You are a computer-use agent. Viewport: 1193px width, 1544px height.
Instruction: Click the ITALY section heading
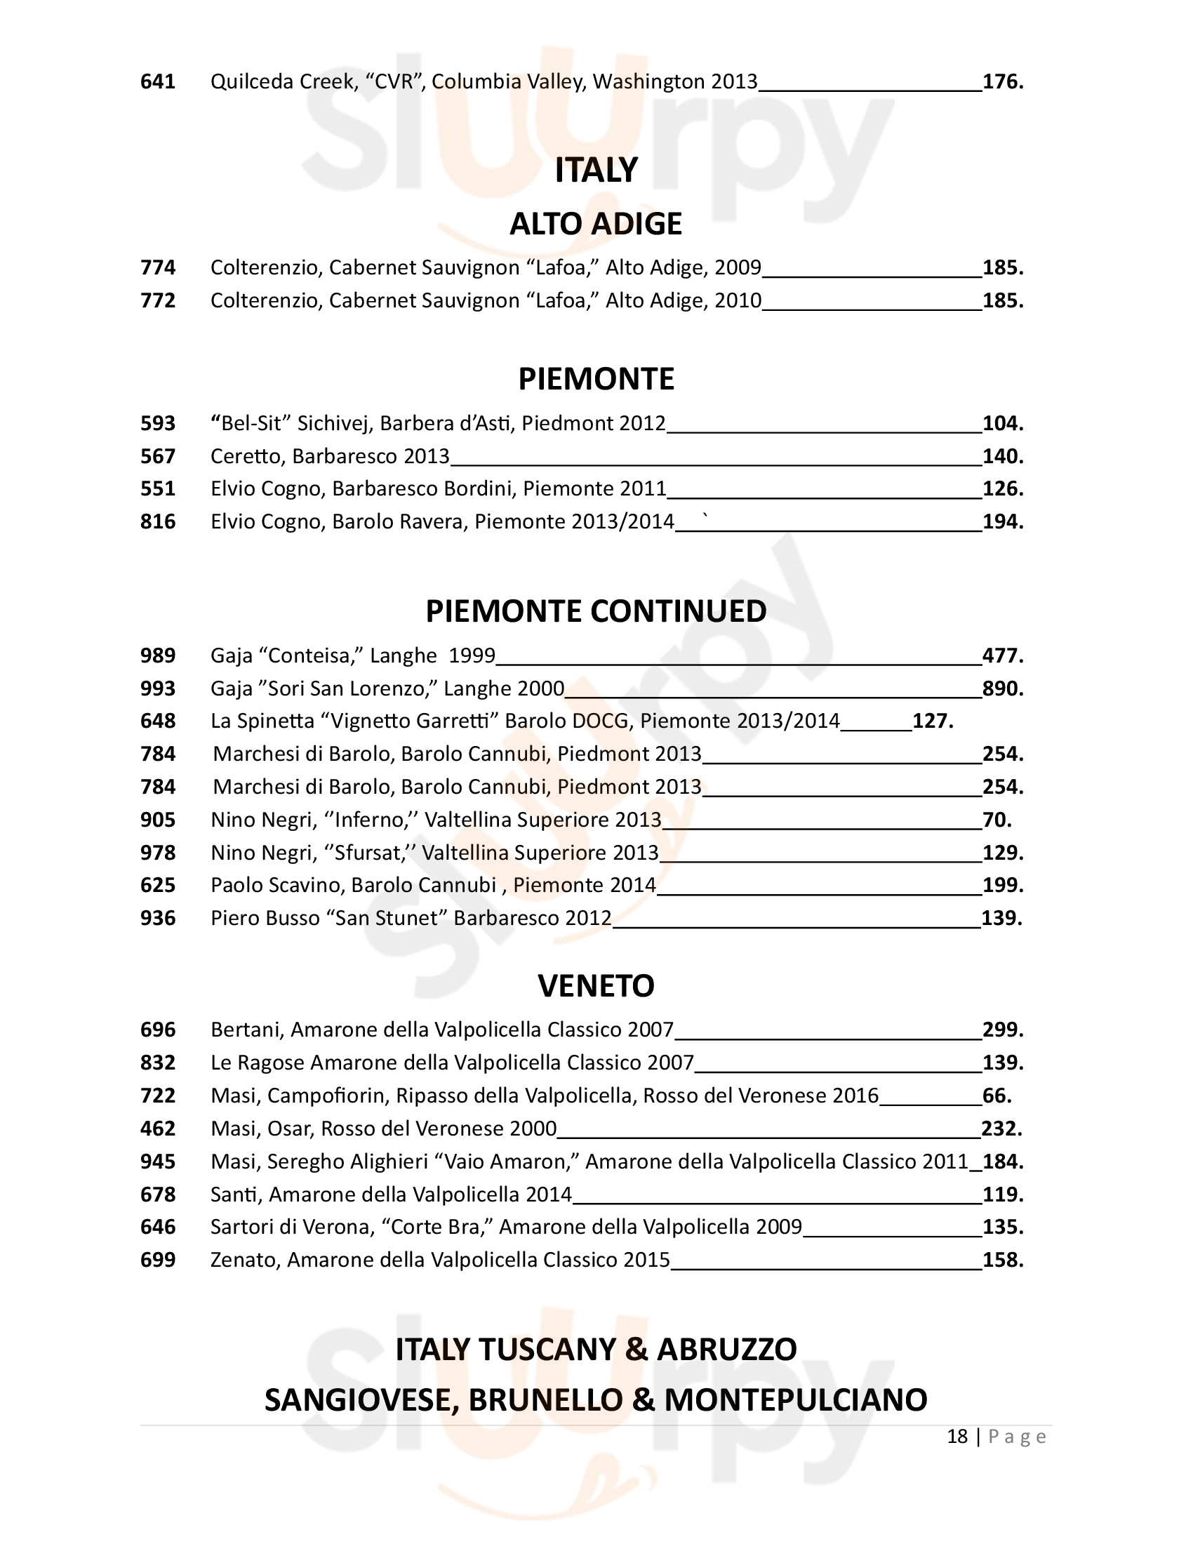[596, 171]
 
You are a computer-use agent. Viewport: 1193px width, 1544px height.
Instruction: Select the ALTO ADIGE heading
[596, 224]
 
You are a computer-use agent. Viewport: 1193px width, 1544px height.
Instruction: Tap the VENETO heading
[596, 985]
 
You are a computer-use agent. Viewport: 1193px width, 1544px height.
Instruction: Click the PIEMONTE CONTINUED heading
[596, 611]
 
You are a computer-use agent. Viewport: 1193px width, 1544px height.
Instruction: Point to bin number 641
[158, 82]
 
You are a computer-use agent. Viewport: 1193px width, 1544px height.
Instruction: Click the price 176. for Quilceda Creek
[1003, 82]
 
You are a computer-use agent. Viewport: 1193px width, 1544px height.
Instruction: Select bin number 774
[158, 268]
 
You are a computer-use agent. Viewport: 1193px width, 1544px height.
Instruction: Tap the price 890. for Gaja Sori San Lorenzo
[1003, 688]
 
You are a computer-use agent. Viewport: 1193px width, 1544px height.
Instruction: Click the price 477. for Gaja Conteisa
[1003, 656]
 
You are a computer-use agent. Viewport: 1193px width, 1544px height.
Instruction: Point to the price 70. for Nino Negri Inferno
[997, 820]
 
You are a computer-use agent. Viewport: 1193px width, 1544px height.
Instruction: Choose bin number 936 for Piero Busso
[158, 919]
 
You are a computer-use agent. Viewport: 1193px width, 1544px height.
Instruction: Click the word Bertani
[246, 1030]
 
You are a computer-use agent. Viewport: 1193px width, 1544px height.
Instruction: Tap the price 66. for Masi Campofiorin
[997, 1096]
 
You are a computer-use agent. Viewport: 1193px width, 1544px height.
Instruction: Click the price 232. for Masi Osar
[1002, 1129]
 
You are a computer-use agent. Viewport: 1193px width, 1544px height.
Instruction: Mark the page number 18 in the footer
[957, 1437]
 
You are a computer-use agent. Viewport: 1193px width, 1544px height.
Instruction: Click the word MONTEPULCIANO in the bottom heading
[796, 1401]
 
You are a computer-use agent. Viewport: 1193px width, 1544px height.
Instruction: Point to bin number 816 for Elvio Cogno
[158, 521]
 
